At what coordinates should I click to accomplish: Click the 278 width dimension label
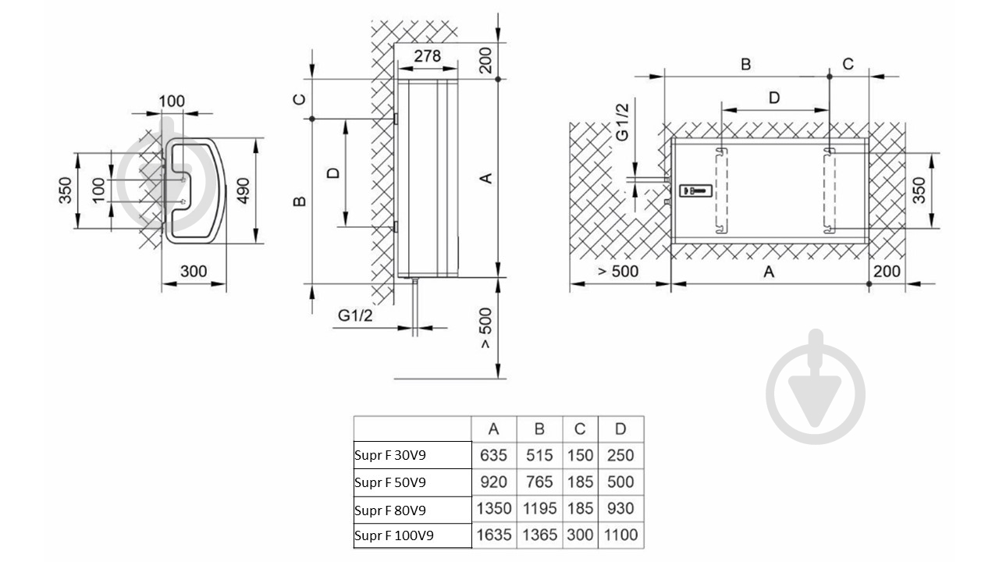click(x=427, y=56)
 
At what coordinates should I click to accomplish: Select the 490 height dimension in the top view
click(x=243, y=191)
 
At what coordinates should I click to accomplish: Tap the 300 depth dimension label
click(x=194, y=271)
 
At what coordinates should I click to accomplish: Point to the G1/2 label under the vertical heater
click(x=355, y=315)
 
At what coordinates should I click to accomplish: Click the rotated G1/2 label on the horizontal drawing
click(x=622, y=123)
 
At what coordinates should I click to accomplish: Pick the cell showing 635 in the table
click(x=494, y=455)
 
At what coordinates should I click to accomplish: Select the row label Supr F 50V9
click(x=390, y=482)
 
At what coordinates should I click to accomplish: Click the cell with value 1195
click(x=539, y=508)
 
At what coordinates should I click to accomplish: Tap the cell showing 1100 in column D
click(x=620, y=535)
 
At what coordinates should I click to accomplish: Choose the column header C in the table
click(x=580, y=429)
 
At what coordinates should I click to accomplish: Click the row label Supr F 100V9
click(x=394, y=535)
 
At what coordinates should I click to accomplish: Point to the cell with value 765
click(x=539, y=482)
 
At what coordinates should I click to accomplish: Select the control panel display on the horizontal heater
click(x=695, y=190)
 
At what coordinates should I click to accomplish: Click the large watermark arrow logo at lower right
click(x=816, y=386)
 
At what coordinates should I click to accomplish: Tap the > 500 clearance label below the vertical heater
click(x=485, y=329)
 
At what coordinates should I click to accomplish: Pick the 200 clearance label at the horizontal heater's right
click(x=887, y=271)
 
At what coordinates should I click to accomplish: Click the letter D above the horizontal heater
click(x=774, y=98)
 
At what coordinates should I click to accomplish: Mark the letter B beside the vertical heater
click(x=300, y=201)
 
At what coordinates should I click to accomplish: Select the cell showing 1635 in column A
click(x=494, y=535)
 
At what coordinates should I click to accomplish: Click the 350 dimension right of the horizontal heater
click(x=919, y=190)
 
